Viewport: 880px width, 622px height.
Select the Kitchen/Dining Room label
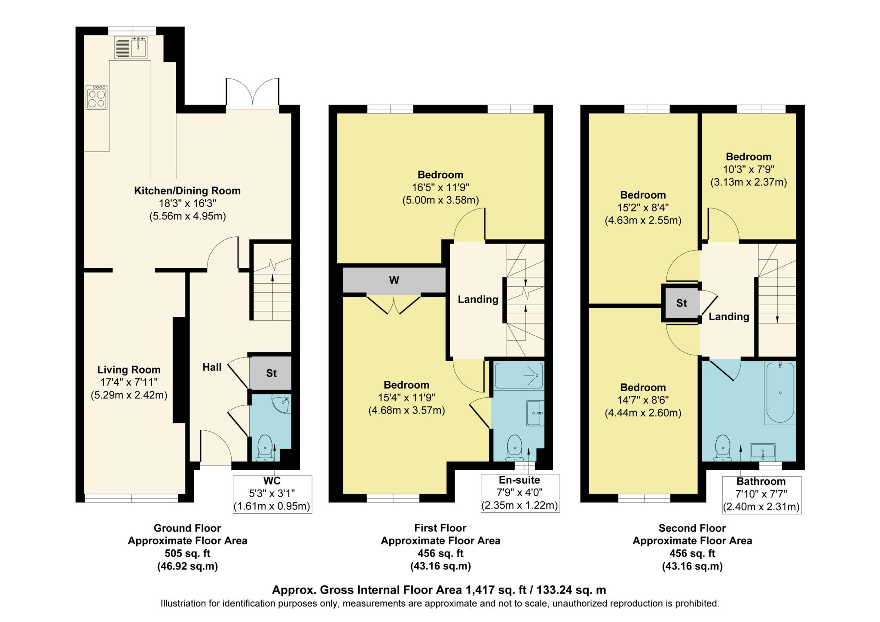click(187, 191)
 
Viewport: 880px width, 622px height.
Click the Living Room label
click(129, 370)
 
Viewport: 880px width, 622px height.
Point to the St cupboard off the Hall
click(271, 373)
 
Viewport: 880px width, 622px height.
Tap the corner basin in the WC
click(283, 404)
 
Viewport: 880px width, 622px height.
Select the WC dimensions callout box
click(272, 494)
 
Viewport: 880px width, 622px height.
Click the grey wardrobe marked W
click(394, 280)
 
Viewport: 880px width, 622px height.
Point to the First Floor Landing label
click(478, 300)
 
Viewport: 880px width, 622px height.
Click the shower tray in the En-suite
click(519, 375)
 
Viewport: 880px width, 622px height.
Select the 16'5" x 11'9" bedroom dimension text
click(440, 187)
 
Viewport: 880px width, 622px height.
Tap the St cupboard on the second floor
click(681, 303)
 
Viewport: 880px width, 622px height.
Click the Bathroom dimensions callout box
click(761, 495)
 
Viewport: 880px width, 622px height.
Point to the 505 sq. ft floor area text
click(187, 553)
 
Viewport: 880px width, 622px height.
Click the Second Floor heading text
click(692, 528)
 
